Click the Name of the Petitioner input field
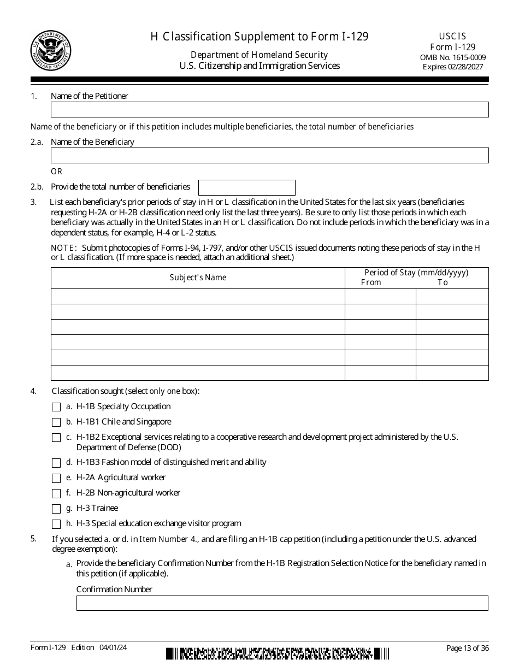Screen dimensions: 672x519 [x=269, y=110]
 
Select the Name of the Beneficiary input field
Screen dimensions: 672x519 [x=269, y=156]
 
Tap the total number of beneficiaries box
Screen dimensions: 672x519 [x=246, y=187]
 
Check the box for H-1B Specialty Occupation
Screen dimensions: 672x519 [x=56, y=407]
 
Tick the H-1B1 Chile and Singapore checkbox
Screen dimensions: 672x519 [x=56, y=422]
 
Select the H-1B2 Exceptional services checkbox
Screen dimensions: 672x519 [x=56, y=438]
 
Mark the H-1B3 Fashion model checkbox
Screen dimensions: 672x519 [x=56, y=463]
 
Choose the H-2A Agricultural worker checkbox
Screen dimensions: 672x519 [x=56, y=478]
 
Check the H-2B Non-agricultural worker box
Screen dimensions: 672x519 [x=56, y=493]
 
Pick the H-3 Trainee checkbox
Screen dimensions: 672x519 [x=56, y=509]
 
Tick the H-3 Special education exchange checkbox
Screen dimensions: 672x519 [x=56, y=524]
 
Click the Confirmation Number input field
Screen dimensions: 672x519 [x=282, y=603]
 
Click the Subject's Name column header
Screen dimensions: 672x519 [x=198, y=278]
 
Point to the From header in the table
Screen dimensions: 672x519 [x=371, y=282]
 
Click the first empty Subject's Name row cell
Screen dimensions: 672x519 [x=198, y=296]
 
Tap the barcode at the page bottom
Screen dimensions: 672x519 [x=278, y=653]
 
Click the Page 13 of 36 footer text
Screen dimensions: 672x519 [x=467, y=648]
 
